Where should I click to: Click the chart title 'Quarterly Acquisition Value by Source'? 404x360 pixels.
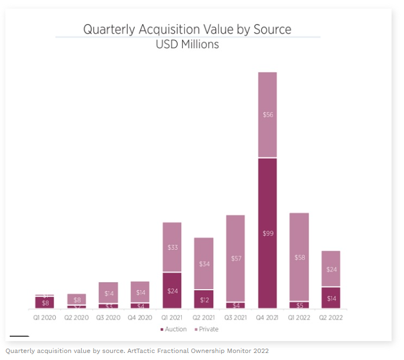pos(187,29)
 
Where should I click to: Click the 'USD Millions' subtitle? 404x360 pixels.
pos(187,44)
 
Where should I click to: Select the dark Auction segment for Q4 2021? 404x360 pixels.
pos(267,234)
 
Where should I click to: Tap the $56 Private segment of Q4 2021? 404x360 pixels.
pos(267,115)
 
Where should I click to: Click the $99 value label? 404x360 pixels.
pos(267,234)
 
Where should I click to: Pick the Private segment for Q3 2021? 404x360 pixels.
pos(235,258)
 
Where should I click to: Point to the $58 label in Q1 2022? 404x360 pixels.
pos(299,257)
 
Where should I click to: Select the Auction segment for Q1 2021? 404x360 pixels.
pos(171,291)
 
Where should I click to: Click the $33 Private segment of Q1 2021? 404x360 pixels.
pos(171,248)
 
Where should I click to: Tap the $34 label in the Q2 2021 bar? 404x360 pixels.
pos(203,264)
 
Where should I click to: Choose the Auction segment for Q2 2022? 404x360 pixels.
pos(331,298)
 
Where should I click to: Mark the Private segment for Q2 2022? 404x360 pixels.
pos(331,269)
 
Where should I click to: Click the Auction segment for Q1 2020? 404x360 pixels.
pos(44,303)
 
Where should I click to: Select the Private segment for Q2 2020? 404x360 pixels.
pos(76,299)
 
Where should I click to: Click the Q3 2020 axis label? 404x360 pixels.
pos(108,317)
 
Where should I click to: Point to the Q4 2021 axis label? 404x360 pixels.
pos(267,317)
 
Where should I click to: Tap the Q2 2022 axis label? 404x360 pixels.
pos(331,317)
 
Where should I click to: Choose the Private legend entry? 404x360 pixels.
pos(206,329)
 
